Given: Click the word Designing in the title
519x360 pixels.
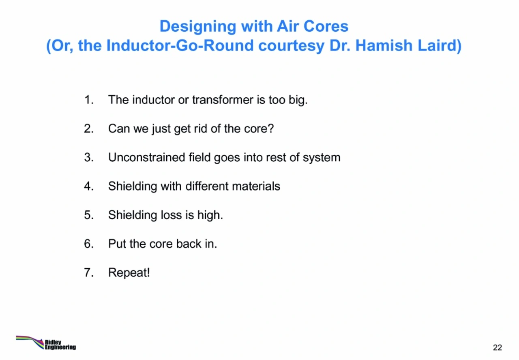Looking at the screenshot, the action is point(198,27).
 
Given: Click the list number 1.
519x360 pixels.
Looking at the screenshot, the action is point(89,100).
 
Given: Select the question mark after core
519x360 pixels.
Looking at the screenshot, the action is point(270,129).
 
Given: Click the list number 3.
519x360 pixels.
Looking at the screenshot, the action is point(89,158).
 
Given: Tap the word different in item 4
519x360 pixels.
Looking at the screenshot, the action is point(207,186).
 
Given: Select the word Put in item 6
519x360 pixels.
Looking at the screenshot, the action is point(117,244).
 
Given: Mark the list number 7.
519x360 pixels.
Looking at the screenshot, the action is point(89,273).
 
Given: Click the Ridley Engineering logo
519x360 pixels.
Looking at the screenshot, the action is point(46,343).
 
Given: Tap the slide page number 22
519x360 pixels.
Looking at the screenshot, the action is point(498,347).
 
